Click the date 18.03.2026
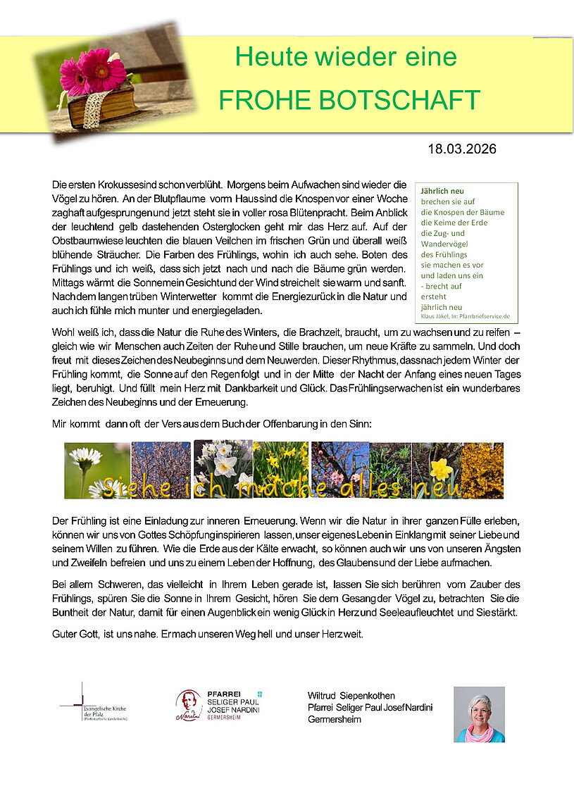[461, 149]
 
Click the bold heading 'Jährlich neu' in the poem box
[442, 191]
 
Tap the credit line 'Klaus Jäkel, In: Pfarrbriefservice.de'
[465, 317]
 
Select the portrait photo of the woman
[479, 714]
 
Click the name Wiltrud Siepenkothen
[351, 696]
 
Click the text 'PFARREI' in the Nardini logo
[223, 694]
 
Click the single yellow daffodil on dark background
[442, 468]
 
